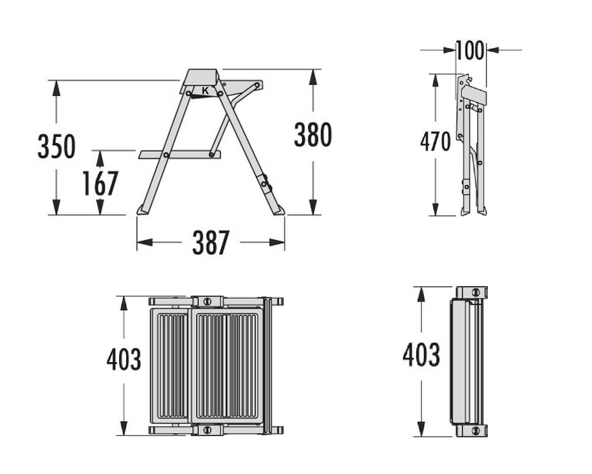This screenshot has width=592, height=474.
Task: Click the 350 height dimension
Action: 57,146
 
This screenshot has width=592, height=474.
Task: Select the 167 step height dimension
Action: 101,183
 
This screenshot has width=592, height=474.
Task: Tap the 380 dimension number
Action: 313,135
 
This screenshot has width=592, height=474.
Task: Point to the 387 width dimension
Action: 211,243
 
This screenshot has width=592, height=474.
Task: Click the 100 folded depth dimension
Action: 470,50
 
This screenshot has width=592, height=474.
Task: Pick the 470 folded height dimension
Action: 435,142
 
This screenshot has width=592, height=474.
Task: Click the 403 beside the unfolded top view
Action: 124,359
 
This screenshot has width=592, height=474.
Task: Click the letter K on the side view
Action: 205,91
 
